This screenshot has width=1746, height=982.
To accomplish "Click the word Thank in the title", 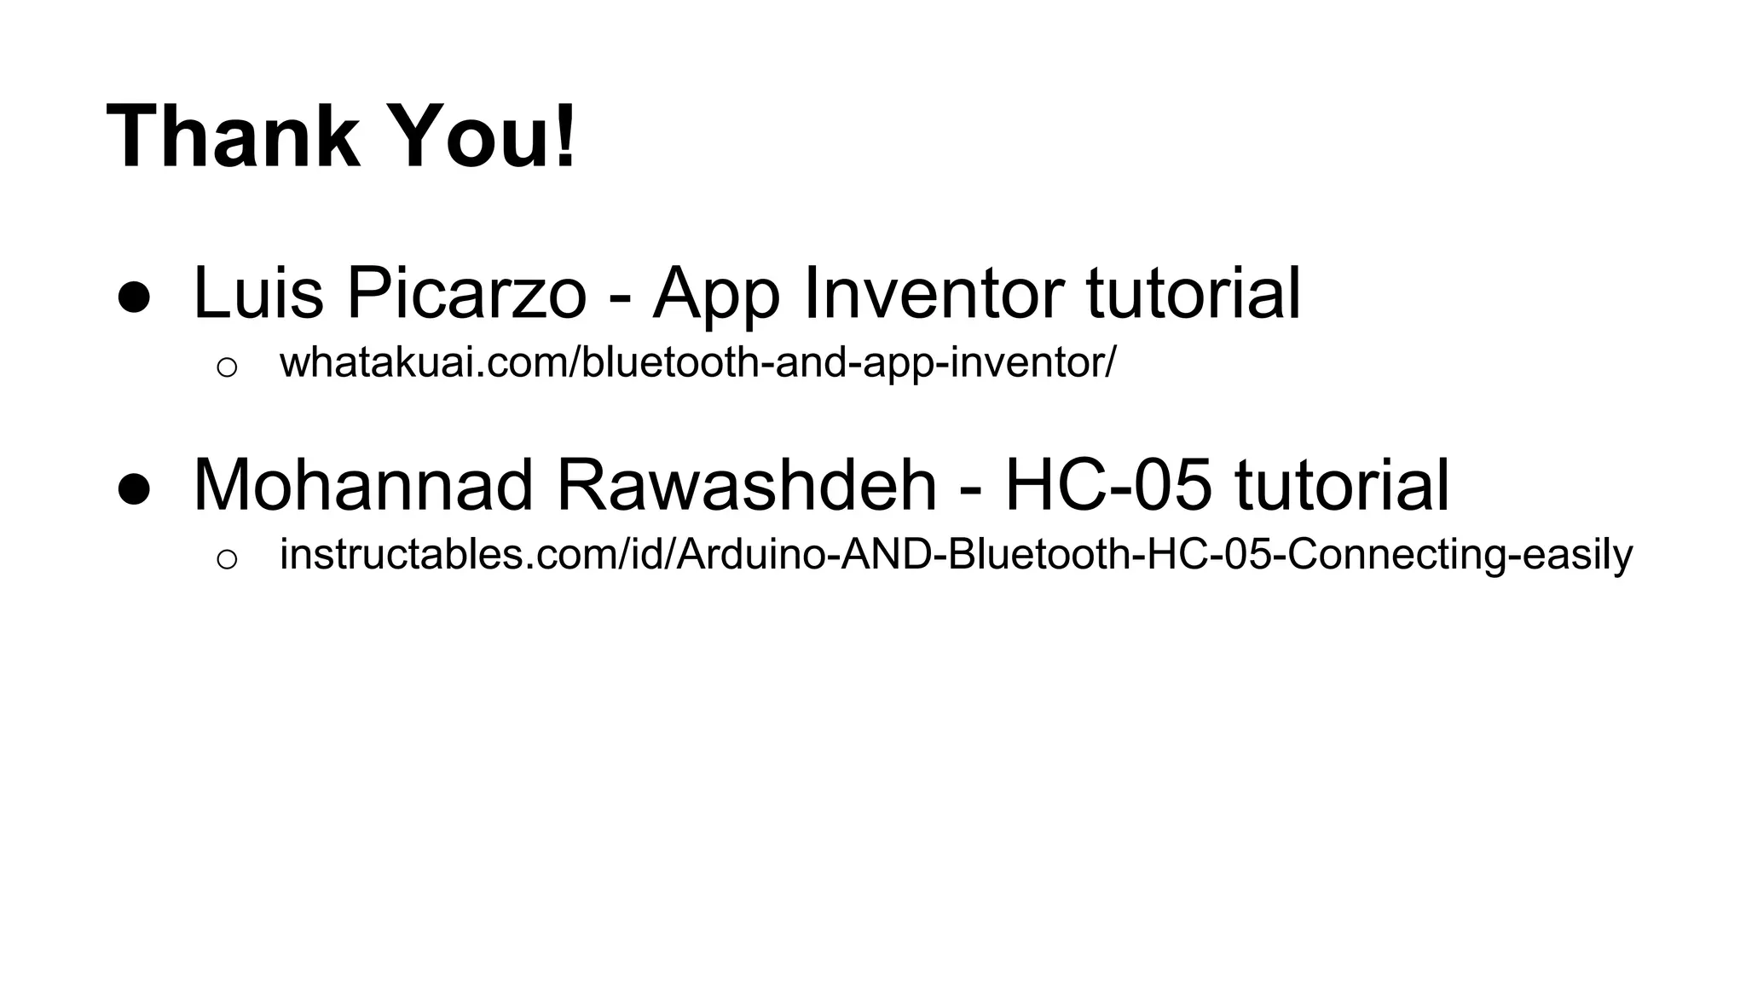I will click(233, 137).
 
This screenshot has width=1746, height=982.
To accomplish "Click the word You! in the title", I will click(483, 137).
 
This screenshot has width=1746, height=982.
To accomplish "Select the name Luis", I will click(258, 292).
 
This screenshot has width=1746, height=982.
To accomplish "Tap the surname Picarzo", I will click(465, 294).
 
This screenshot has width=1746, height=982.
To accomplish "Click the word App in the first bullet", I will click(716, 294).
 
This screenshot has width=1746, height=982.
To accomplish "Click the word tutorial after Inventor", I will click(1194, 292).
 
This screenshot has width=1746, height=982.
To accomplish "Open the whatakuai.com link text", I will click(697, 362).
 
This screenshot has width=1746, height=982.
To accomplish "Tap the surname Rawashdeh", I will click(747, 485).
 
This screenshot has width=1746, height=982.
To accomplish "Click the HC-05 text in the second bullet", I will click(1107, 485).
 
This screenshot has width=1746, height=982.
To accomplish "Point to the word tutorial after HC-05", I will click(1342, 485).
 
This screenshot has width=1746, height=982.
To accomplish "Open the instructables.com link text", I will click(956, 555).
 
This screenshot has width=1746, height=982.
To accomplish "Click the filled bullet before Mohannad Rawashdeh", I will click(135, 491).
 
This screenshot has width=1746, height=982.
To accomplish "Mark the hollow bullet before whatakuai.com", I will click(227, 367).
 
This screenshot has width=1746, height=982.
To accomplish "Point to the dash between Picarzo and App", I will click(619, 299).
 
